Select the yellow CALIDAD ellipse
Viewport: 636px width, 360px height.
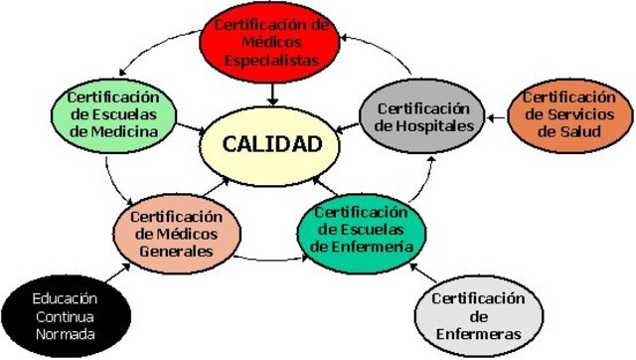[x=272, y=144]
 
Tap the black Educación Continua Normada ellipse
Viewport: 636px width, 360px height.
[x=65, y=315]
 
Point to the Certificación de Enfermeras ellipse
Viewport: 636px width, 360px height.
[x=478, y=315]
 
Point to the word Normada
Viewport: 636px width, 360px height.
[x=65, y=333]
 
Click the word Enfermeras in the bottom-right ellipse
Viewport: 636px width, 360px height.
[x=478, y=334]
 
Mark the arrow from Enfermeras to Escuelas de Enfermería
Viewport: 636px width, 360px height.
[x=424, y=273]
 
